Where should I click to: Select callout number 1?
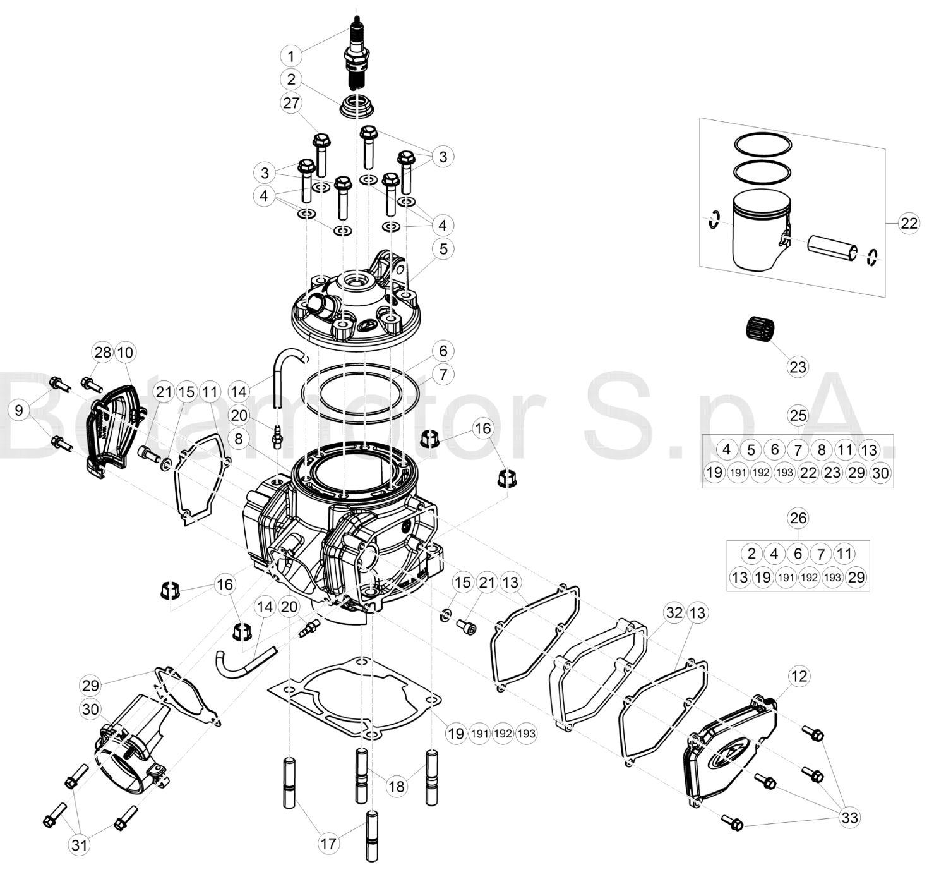tap(291, 56)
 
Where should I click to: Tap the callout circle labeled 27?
tap(291, 103)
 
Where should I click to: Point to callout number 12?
tap(799, 676)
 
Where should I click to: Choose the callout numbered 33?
tap(850, 818)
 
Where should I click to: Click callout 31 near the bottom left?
tap(79, 845)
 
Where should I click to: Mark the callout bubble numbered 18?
tap(397, 786)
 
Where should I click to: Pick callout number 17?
tap(328, 843)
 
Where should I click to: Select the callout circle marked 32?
tap(674, 613)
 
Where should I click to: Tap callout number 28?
tap(103, 353)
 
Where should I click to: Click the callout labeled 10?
tap(125, 353)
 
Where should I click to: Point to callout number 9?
tap(19, 410)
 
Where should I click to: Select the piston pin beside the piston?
tap(832, 249)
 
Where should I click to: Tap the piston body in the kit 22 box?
tap(760, 231)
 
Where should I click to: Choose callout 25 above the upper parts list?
tap(798, 416)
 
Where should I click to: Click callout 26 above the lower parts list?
tap(798, 518)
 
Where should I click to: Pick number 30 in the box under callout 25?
tap(880, 473)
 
